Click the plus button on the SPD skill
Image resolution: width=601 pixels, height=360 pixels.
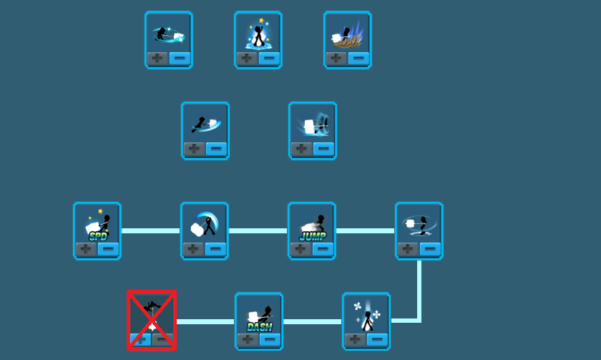point(86,249)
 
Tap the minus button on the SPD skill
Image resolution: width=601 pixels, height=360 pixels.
point(108,249)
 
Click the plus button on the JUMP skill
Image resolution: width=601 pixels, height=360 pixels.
point(300,249)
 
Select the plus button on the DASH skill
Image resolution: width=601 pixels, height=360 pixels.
point(248,340)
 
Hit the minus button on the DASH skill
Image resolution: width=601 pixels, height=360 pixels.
point(270,340)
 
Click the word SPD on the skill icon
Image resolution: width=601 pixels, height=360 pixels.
point(97,237)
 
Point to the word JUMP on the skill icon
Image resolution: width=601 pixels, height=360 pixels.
point(313,237)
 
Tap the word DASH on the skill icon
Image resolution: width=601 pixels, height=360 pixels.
point(260,327)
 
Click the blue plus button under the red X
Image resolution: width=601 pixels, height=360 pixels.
point(140,340)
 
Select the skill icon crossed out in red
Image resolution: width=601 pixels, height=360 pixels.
point(152,320)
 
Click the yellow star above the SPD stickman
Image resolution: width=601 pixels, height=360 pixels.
point(100,211)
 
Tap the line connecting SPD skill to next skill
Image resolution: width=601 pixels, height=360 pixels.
point(151,230)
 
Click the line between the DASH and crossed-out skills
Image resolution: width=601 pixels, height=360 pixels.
point(205,321)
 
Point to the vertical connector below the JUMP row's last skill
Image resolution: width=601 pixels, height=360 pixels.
point(419,291)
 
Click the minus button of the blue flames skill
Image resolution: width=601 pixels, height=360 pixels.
point(358,58)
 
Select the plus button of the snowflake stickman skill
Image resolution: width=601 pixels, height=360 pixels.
point(355,340)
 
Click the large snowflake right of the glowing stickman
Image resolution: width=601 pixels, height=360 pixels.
point(377,314)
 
